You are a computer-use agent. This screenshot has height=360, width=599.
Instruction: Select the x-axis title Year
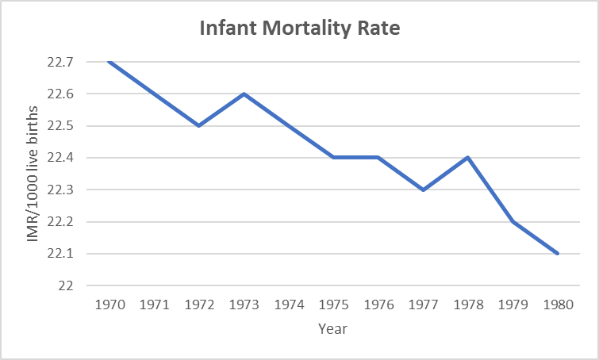333,327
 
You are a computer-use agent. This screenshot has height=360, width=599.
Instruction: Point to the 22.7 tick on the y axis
69,62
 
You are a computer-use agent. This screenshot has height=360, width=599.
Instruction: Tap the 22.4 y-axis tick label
69,158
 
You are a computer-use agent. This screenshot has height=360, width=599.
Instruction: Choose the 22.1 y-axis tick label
69,254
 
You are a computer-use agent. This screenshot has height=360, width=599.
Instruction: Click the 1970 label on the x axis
109,304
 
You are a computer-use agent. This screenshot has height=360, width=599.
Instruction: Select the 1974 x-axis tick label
288,304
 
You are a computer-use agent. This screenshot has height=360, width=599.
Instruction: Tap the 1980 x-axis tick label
558,304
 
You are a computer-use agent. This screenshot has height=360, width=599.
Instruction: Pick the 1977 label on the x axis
423,304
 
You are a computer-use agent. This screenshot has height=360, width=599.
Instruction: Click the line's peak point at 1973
244,94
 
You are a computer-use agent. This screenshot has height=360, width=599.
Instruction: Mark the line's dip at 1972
198,125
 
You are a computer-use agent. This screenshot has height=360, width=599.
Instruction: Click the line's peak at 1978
468,157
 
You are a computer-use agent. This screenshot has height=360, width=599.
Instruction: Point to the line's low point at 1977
423,190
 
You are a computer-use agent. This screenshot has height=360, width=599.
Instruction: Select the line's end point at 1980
558,254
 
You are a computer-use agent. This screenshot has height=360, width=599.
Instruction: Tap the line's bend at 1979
513,221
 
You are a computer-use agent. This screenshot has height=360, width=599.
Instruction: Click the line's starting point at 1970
109,62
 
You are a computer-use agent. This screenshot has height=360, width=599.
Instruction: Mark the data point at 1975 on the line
333,157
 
